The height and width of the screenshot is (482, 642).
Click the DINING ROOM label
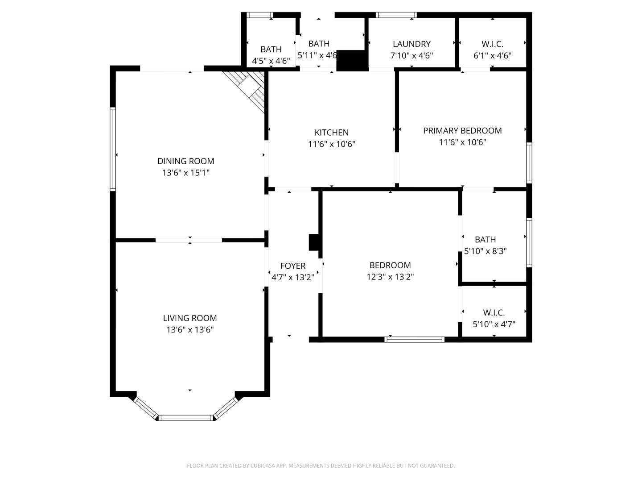185,161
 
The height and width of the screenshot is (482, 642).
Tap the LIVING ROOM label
190,318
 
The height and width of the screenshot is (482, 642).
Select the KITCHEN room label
331,133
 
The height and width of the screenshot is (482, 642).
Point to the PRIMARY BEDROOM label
462,131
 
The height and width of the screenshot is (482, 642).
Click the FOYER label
293,266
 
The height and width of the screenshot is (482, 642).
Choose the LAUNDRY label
412,44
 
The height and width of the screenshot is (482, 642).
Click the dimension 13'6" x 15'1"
185,173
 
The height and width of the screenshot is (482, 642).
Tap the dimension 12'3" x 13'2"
390,277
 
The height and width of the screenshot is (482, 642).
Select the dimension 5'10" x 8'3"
485,251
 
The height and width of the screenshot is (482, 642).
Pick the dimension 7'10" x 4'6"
412,56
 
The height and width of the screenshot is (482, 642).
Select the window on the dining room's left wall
113,149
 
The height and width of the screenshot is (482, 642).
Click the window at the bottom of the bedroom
415,340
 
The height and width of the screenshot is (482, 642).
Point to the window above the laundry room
396,15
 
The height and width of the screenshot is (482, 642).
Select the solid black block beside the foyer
314,242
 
